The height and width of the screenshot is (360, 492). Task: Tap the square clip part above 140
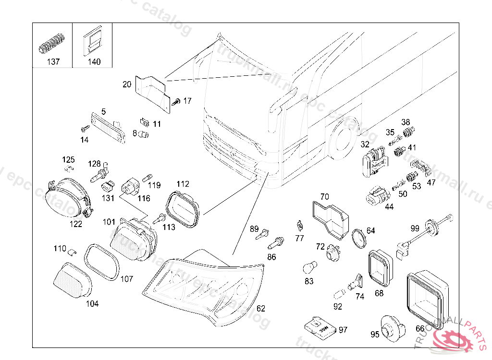click(92, 42)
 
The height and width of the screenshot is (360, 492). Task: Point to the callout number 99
click(415, 228)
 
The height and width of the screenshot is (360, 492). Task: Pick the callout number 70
click(325, 196)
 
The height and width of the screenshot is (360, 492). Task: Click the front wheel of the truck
click(343, 138)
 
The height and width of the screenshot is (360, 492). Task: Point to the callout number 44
click(389, 206)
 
